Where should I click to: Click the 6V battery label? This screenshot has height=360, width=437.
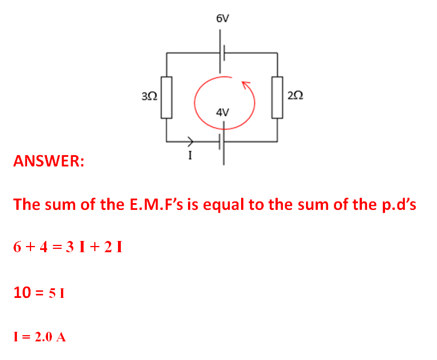222,19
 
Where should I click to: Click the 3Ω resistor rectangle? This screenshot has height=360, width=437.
166,96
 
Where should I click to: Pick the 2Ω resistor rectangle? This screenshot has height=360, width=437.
277,96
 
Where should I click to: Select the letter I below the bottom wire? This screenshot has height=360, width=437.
190,156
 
